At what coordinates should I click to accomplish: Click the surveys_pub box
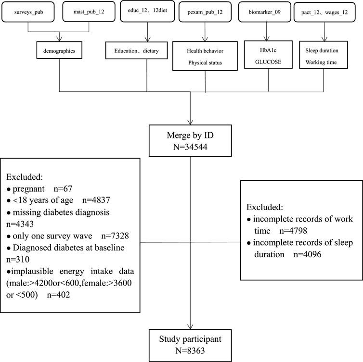(x=28, y=12)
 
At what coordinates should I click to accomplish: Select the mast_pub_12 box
(x=89, y=12)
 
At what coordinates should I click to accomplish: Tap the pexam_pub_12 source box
(x=205, y=12)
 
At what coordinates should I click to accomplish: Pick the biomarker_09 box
(x=265, y=12)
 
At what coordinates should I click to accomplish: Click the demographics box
(x=59, y=50)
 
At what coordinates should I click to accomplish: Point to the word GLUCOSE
(x=268, y=62)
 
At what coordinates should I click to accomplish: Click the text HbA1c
(x=268, y=50)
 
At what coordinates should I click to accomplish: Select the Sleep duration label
(x=322, y=50)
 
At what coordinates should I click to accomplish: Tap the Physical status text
(x=205, y=62)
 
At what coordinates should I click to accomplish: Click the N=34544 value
(x=190, y=147)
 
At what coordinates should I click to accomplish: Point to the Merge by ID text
(x=190, y=135)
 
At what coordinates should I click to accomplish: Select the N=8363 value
(x=190, y=350)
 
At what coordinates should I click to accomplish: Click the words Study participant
(x=190, y=339)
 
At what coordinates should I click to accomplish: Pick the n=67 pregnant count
(x=63, y=189)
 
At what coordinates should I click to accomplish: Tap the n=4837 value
(x=96, y=200)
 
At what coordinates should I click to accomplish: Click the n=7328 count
(x=115, y=236)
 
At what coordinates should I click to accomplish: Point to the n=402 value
(x=58, y=295)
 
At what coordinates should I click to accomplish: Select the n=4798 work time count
(x=293, y=231)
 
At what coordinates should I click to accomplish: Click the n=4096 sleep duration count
(x=308, y=254)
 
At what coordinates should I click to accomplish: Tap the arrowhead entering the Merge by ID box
(x=190, y=122)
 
